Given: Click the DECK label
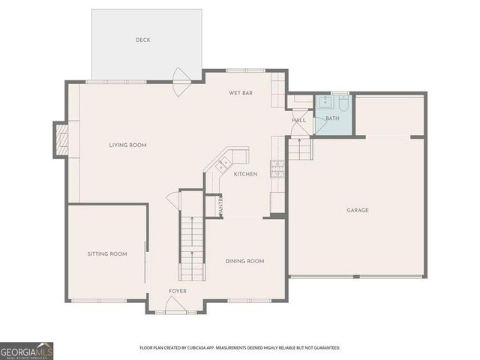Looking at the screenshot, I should pos(142,40).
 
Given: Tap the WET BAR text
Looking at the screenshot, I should pos(240,93).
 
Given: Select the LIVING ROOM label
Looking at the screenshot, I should pos(127,145).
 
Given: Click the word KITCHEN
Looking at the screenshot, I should pos(245,174).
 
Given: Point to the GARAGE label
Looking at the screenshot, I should pos(357,210).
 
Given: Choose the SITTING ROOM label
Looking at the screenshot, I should pos(107,253).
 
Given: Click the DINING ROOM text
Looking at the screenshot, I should pos(244,261).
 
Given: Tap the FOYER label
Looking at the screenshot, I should pos(178,291).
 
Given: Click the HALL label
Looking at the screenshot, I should pos(298,120).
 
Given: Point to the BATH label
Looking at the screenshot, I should pos(332,118).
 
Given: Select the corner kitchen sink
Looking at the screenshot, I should pos(223,163).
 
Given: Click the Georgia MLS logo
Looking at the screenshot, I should pos(26,350).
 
